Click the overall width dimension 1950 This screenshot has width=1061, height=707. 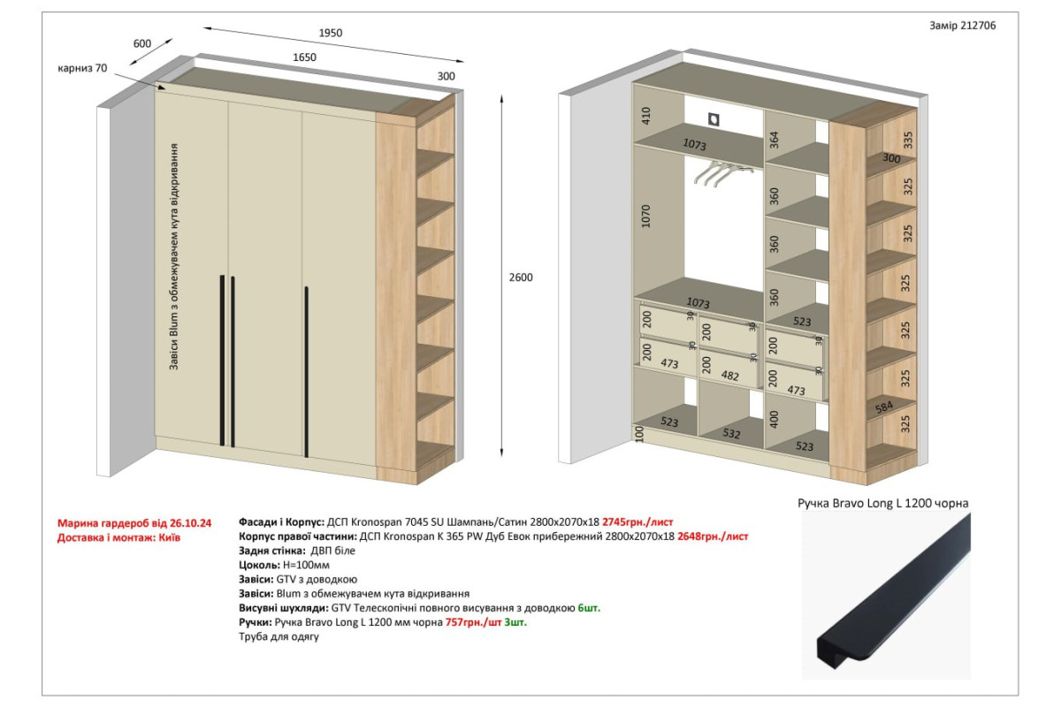[330, 33]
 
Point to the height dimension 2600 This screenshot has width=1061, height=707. [521, 277]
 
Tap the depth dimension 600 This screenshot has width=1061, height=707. [142, 43]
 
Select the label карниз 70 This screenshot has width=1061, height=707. [82, 68]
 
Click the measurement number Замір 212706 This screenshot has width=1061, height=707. [962, 26]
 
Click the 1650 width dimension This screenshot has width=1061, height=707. [304, 57]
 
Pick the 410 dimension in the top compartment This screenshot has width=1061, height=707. [645, 116]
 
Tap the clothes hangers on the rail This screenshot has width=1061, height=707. [721, 173]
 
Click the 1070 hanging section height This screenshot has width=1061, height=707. [645, 216]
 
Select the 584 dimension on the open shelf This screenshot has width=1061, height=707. [884, 407]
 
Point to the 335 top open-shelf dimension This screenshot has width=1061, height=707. [907, 140]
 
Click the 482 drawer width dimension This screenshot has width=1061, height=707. [730, 376]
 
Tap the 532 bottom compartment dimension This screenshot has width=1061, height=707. [731, 433]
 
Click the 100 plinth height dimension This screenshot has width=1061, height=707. [639, 434]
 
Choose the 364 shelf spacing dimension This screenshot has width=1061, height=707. [774, 141]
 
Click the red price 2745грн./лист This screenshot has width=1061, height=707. [637, 521]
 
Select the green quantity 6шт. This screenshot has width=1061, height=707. [589, 607]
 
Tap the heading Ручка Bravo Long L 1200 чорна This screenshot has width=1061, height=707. [883, 503]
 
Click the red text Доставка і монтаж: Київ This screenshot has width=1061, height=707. [118, 537]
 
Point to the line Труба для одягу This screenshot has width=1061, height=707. [279, 636]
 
